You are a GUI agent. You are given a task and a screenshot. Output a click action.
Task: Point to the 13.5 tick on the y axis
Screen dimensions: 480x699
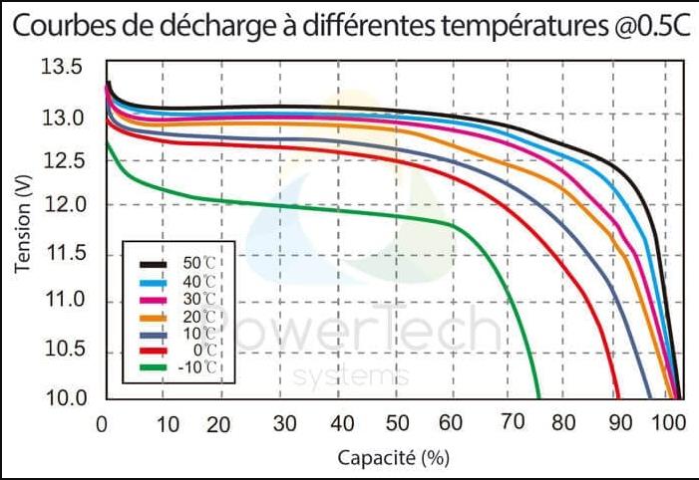coord(63,68)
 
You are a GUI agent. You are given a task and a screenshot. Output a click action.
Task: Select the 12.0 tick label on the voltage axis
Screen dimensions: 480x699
coord(63,205)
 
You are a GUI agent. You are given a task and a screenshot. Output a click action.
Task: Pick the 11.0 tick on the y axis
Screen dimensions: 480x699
coord(63,301)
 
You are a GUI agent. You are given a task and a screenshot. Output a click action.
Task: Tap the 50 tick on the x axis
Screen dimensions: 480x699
coord(397,423)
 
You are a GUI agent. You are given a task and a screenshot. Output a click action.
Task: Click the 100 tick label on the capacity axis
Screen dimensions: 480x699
coord(665,423)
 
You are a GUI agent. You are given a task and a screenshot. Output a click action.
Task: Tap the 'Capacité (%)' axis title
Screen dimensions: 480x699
coord(392,458)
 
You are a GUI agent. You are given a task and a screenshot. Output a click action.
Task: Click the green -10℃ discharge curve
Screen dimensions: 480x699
coord(299,207)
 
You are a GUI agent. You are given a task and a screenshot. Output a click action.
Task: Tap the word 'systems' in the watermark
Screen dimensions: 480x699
coord(352,376)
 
